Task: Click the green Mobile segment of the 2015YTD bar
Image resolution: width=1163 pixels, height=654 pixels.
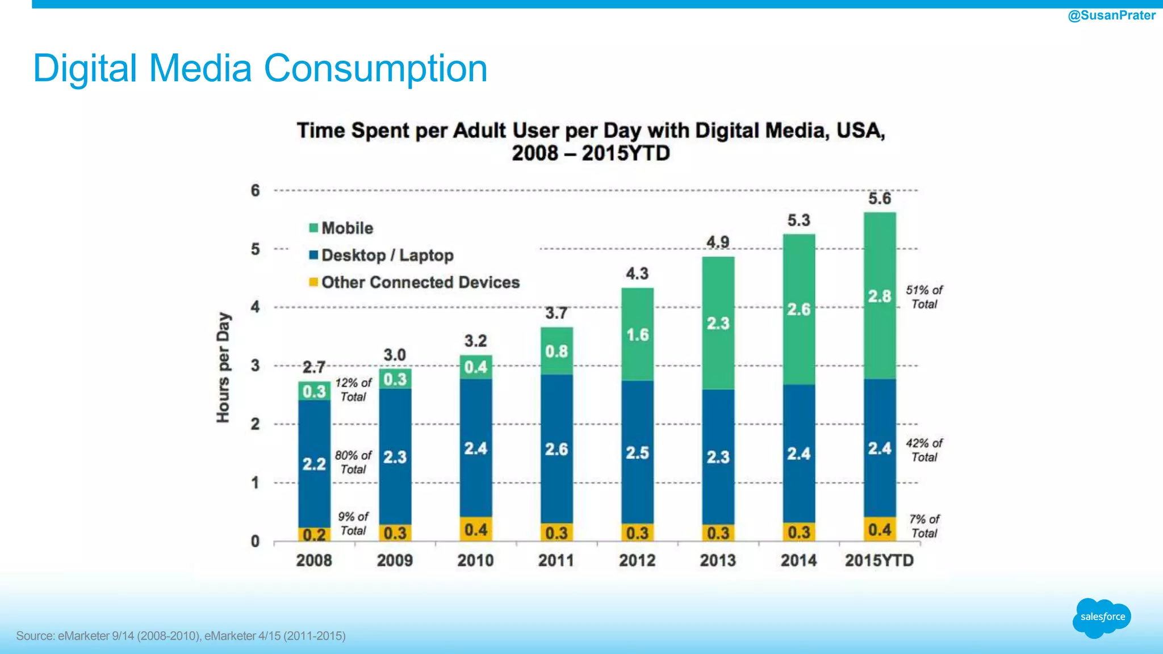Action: (880, 295)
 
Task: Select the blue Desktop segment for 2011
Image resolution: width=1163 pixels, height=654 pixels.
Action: (557, 448)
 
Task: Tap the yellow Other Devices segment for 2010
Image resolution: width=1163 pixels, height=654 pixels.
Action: (476, 529)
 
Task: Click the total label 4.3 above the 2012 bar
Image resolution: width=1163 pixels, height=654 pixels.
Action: (637, 274)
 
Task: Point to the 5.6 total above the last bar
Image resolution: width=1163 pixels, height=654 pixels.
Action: (880, 198)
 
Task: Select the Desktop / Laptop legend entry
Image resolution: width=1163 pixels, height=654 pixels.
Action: (381, 255)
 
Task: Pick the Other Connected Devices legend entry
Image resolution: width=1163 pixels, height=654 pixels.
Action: (414, 282)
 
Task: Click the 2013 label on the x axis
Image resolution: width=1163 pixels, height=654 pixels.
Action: (718, 560)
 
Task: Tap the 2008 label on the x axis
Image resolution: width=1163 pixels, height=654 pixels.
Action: (314, 560)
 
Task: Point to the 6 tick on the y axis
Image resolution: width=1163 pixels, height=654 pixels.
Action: (256, 190)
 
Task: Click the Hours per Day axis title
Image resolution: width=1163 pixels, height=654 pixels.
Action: (223, 367)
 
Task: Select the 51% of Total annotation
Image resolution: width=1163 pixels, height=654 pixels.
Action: (924, 297)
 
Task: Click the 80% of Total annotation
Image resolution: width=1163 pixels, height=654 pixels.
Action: (353, 462)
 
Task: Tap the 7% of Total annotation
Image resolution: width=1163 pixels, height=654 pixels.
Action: (924, 526)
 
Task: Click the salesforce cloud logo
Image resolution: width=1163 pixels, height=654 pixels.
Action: (1102, 617)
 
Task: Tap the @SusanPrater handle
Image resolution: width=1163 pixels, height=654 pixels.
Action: (1111, 15)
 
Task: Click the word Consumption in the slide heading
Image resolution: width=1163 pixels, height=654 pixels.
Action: (375, 69)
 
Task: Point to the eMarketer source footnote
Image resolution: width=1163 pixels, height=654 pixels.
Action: (181, 636)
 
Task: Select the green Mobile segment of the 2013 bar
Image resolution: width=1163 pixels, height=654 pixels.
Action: (718, 323)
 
